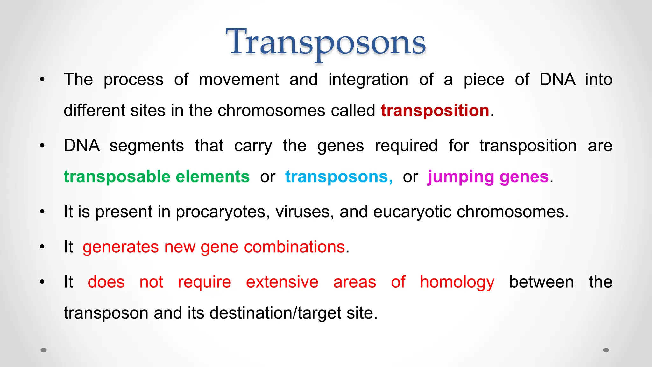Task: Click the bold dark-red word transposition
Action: (x=435, y=111)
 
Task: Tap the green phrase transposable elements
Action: (x=156, y=176)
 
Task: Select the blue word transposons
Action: (x=339, y=176)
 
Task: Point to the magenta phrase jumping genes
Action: (x=488, y=176)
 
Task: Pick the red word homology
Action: (x=457, y=282)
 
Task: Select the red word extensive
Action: (x=282, y=282)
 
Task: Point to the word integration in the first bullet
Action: (x=368, y=80)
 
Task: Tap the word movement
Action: (x=239, y=80)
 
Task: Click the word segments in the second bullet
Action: (x=146, y=146)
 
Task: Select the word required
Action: (x=406, y=146)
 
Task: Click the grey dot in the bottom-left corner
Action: (x=44, y=350)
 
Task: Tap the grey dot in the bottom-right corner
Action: (x=606, y=350)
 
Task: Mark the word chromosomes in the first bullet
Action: (x=271, y=111)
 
